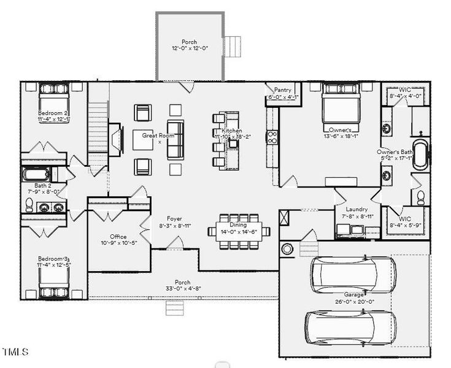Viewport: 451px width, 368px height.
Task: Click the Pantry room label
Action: tap(283, 90)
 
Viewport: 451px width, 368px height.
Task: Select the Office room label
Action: tap(118, 237)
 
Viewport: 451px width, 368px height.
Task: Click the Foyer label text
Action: tap(174, 218)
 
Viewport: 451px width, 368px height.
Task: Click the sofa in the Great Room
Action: tap(175, 144)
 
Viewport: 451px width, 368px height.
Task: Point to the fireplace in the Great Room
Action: tap(115, 140)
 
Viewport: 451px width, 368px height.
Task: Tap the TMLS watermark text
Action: tap(15, 352)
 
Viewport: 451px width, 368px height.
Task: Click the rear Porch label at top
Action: tap(190, 42)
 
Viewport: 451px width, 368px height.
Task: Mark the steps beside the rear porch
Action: tap(233, 46)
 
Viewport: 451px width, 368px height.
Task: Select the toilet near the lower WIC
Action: tap(421, 196)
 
